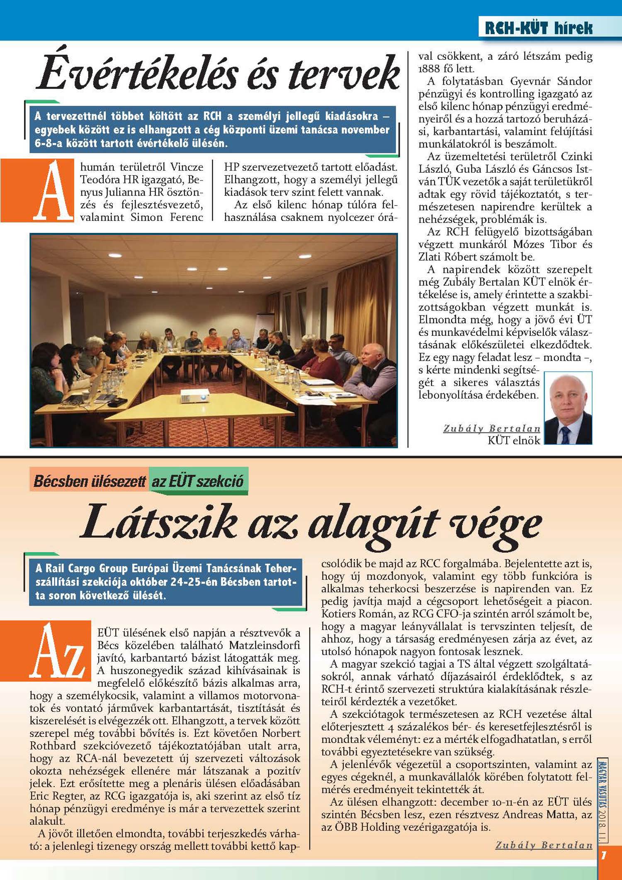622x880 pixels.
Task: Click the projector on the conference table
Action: click(195, 396)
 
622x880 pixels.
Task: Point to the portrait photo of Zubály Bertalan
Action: click(568, 408)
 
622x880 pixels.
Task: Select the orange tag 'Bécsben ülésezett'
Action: click(90, 481)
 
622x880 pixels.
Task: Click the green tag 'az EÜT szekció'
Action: click(198, 481)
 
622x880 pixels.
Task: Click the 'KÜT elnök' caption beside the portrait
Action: click(514, 440)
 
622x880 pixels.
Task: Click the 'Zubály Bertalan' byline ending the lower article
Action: click(544, 845)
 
